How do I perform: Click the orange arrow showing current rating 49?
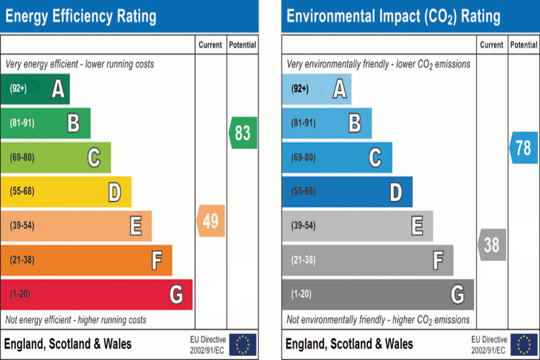[211, 221]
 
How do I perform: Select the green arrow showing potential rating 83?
[243, 132]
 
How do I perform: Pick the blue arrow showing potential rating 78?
[523, 148]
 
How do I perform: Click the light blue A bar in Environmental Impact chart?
[317, 89]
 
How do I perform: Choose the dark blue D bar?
[347, 192]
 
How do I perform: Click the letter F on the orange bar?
[157, 261]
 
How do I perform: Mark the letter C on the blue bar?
[375, 158]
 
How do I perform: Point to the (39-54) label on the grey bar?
[303, 226]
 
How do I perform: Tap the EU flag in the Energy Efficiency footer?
[243, 344]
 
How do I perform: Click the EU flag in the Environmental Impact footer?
[524, 344]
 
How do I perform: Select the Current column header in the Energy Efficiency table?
[211, 45]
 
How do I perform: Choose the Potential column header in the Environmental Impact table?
[524, 45]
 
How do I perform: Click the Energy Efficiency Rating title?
[81, 16]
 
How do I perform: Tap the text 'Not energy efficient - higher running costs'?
[76, 320]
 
